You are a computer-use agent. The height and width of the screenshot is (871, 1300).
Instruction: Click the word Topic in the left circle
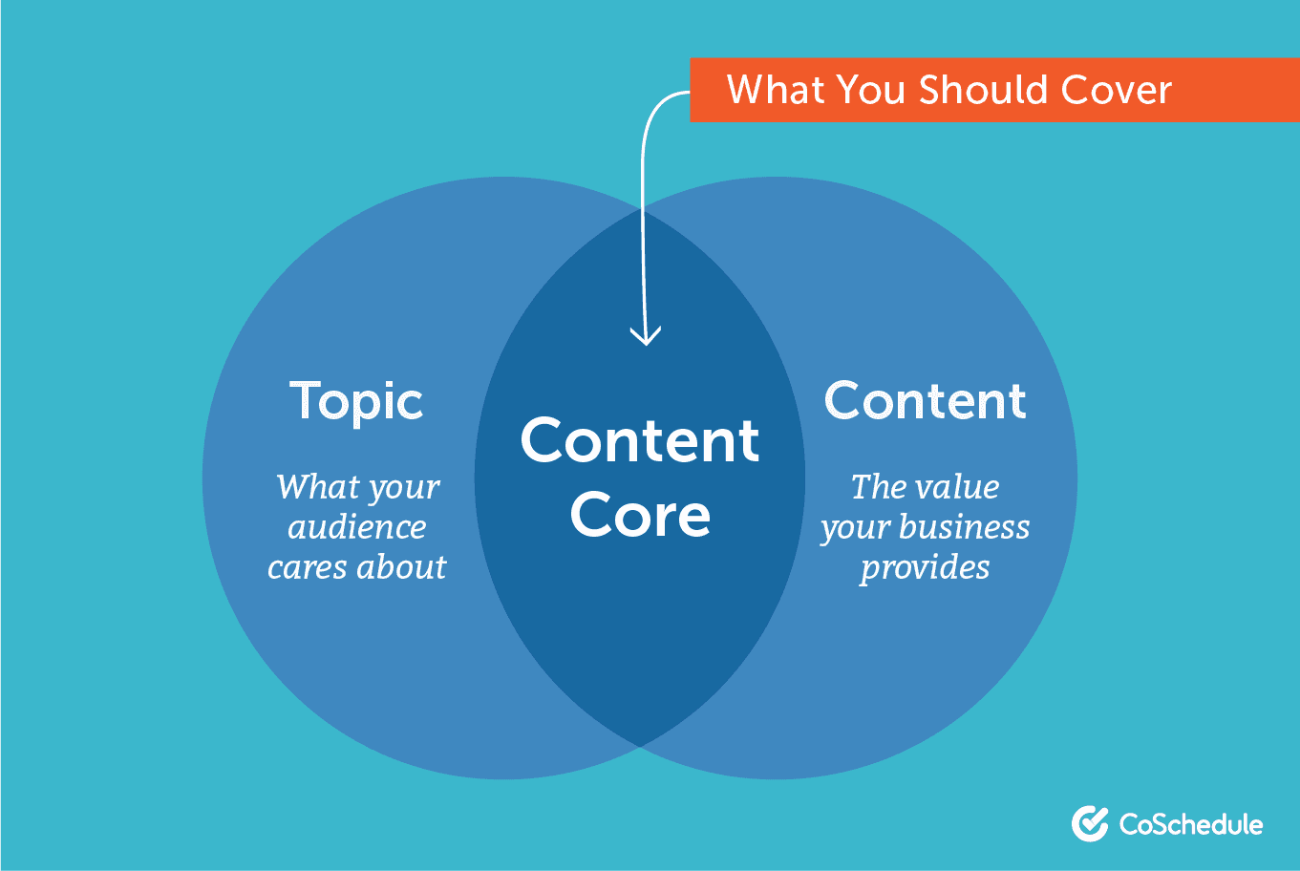(x=356, y=401)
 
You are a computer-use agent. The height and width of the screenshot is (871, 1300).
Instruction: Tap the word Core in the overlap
(x=640, y=514)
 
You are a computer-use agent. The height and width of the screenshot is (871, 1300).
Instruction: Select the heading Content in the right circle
(x=925, y=400)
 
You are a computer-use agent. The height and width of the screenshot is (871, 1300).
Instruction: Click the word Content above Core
(x=640, y=440)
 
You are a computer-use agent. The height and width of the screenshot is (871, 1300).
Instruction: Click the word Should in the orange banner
(x=983, y=90)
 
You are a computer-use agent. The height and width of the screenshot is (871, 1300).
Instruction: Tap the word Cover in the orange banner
(x=1117, y=90)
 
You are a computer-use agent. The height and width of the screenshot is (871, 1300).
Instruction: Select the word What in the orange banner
(x=776, y=90)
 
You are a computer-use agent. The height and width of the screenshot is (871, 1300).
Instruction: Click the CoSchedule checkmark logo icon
(x=1090, y=823)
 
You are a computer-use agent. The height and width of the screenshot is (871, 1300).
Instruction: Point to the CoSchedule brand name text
(x=1191, y=824)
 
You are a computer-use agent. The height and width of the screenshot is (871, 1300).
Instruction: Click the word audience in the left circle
(x=357, y=527)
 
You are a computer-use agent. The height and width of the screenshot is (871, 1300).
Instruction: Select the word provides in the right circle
(x=925, y=568)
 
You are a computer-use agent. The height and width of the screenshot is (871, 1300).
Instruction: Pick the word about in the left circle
(x=401, y=566)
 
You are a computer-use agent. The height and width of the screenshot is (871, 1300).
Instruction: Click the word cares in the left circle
(x=308, y=567)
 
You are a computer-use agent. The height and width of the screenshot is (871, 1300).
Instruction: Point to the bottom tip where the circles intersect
(x=640, y=746)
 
